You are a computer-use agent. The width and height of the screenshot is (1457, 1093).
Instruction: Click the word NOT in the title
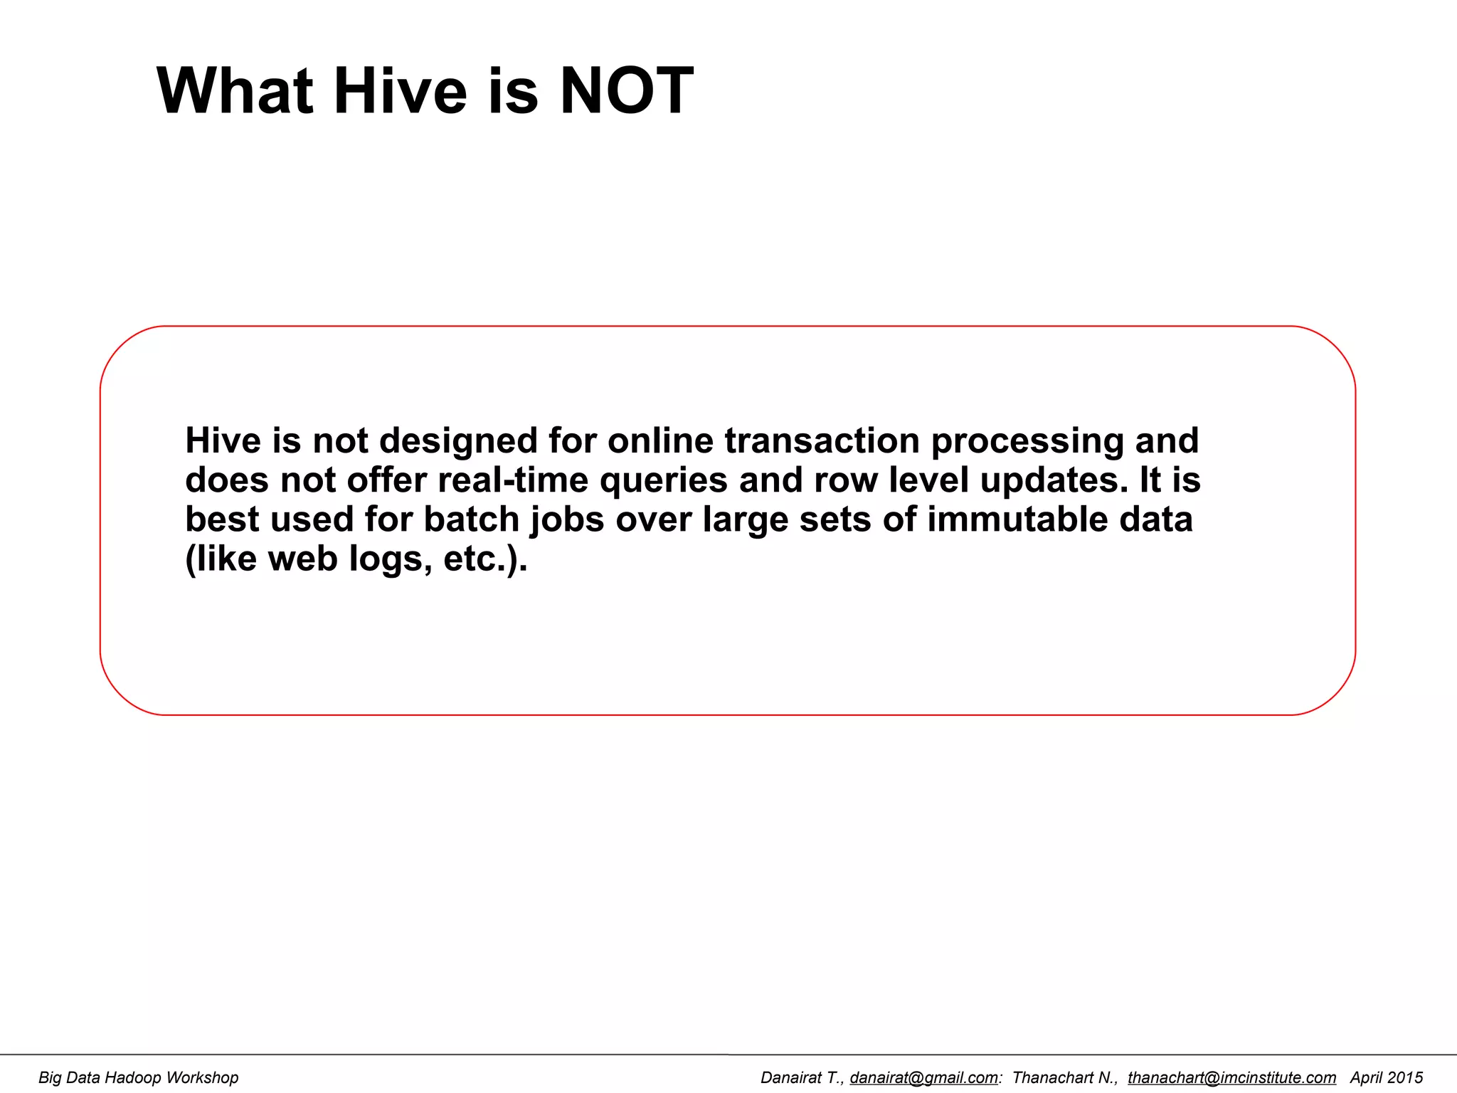pos(626,91)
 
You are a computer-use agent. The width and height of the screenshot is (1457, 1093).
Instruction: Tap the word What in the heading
pos(235,91)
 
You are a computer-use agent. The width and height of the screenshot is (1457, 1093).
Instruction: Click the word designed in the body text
pos(458,441)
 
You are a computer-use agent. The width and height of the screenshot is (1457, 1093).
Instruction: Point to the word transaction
pos(822,441)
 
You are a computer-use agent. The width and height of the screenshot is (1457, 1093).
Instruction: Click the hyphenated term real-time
pos(513,480)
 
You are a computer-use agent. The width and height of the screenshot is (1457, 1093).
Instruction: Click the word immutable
pos(1017,519)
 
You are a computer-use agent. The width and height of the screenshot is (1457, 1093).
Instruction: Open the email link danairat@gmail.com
pos(923,1078)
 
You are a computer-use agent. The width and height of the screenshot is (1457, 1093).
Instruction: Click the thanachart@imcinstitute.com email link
pos(1231,1078)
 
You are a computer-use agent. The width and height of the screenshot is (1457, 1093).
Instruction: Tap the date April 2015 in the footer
pos(1387,1078)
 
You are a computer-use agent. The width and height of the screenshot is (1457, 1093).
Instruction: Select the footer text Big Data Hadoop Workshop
pos(138,1078)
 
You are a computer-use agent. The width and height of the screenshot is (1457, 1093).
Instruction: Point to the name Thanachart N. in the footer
pos(1064,1078)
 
